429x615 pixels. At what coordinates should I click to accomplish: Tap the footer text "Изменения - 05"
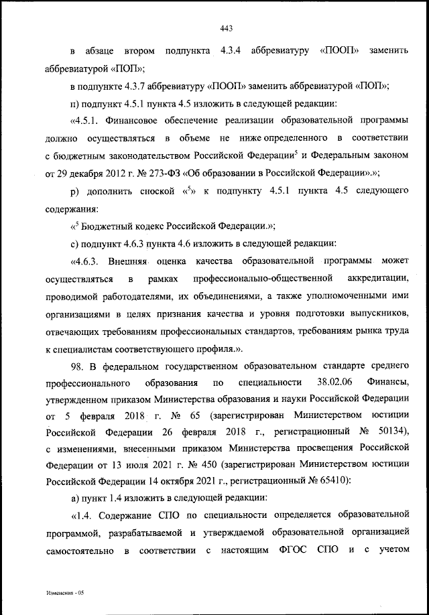pyautogui.click(x=65, y=593)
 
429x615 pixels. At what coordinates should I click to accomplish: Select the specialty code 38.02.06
pyautogui.click(x=311, y=383)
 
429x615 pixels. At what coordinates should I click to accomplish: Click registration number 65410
pyautogui.click(x=324, y=480)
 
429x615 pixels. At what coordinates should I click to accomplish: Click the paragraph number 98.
pyautogui.click(x=77, y=364)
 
